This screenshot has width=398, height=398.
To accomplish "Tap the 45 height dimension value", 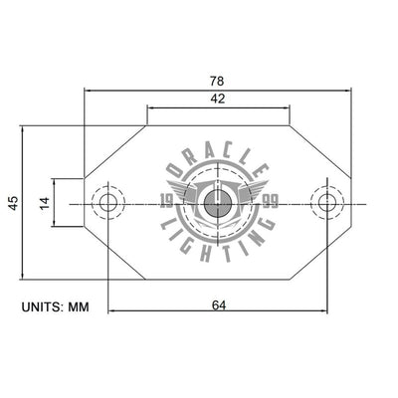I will pos(13,203).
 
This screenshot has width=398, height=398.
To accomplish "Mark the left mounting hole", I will pos(107,203).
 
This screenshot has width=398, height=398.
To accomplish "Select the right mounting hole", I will pos(325,203).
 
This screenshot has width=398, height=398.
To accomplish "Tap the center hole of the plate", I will pos(216,204).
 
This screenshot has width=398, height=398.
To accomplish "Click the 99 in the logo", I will pos(269,202).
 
